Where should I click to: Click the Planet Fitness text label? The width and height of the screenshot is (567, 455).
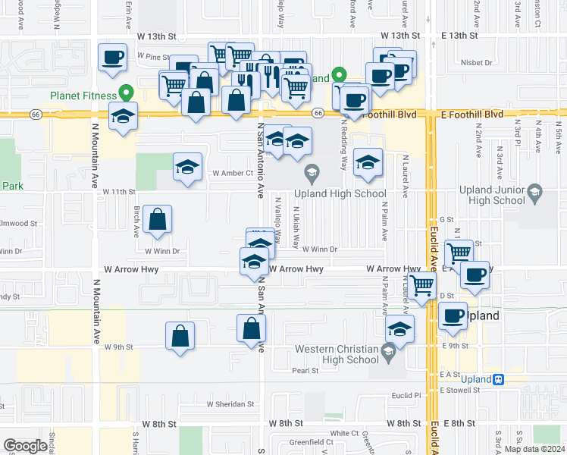pos(83,96)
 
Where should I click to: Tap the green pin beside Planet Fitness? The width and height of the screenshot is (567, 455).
pos(128,94)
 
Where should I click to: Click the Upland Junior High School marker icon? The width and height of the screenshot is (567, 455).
pos(534,190)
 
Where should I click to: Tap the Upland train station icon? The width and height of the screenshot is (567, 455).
pos(498,378)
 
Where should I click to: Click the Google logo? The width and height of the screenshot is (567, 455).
pos(26,446)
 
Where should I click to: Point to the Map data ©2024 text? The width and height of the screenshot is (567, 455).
pos(534,449)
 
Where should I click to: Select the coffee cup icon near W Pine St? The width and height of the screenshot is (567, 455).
pos(112,59)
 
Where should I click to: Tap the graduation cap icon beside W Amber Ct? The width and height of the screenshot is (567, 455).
pos(187,168)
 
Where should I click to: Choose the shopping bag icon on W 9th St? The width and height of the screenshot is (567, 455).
pos(180,336)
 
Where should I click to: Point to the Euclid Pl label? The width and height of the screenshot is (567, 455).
pos(406,395)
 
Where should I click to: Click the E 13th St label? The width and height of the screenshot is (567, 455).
pos(459,36)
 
